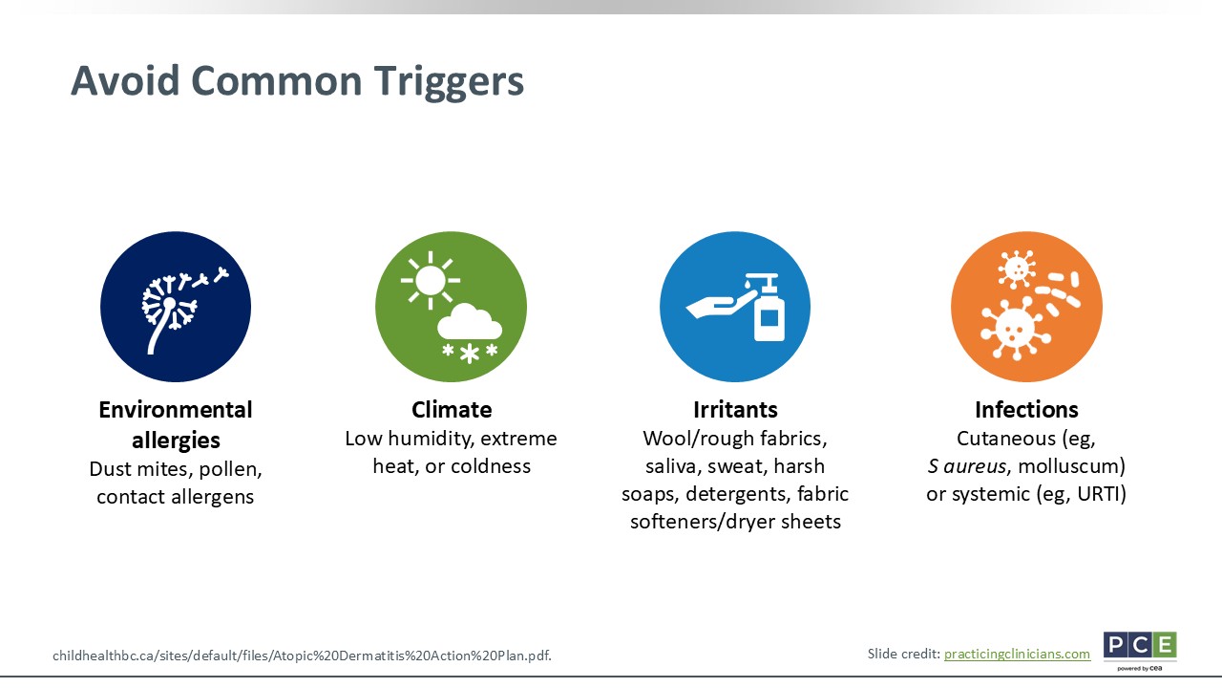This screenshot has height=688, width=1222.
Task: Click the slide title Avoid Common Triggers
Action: (x=297, y=82)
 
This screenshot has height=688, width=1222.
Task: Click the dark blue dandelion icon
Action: (x=176, y=307)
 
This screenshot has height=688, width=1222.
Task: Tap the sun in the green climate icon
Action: (x=431, y=280)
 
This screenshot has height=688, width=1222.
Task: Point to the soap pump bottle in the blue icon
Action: (x=769, y=308)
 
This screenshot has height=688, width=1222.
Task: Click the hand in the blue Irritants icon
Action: (x=721, y=304)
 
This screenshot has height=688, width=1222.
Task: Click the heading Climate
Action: (x=452, y=410)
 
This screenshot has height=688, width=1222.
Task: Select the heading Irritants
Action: (x=735, y=410)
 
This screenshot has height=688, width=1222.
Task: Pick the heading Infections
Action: (x=1026, y=410)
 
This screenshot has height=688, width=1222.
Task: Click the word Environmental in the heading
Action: (x=176, y=410)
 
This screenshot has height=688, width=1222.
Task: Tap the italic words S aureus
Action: (x=967, y=466)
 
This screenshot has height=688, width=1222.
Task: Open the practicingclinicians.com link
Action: (x=1017, y=655)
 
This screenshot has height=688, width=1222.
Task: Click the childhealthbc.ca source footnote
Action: (x=302, y=656)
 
